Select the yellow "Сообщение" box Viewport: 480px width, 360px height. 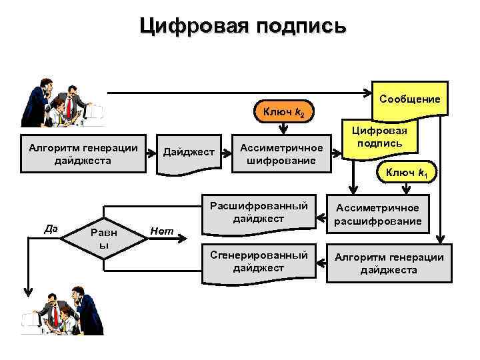click(x=409, y=99)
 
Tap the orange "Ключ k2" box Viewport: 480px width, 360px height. click(x=285, y=114)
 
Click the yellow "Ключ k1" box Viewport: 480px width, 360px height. click(x=406, y=173)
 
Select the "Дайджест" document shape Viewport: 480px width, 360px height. click(x=189, y=154)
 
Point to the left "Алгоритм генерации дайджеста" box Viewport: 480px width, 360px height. click(x=83, y=154)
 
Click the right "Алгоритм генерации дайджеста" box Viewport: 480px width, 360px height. click(x=388, y=264)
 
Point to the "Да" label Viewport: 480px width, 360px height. click(x=50, y=228)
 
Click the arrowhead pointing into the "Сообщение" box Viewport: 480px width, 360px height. click(x=367, y=93)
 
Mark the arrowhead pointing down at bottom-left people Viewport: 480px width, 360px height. click(x=27, y=292)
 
